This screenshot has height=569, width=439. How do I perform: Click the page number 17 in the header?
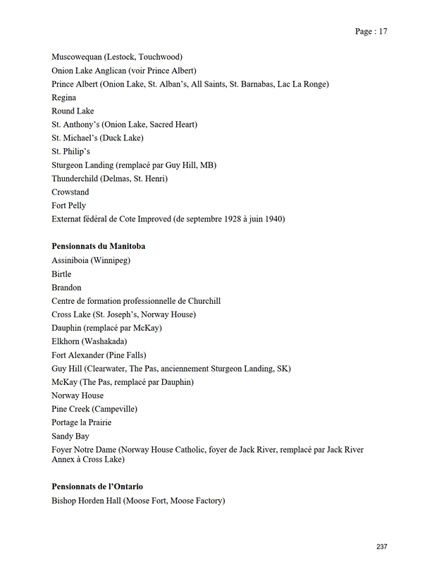pos(382,31)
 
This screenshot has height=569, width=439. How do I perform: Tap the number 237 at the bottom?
pos(381,546)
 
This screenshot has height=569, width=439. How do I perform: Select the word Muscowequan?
pos(77,56)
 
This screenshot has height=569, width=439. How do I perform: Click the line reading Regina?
pos(63,97)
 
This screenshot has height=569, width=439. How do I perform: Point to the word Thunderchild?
pos(75,178)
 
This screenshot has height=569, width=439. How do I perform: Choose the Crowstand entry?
pos(70,192)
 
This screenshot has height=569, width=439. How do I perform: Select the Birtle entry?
pos(61,274)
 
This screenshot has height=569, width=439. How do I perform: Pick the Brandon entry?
pos(66,287)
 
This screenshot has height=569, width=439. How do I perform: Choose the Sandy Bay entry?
pos(70,436)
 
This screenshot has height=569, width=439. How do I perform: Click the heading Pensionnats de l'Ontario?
pos(97,487)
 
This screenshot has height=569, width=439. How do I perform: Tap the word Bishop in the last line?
pos(63,501)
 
